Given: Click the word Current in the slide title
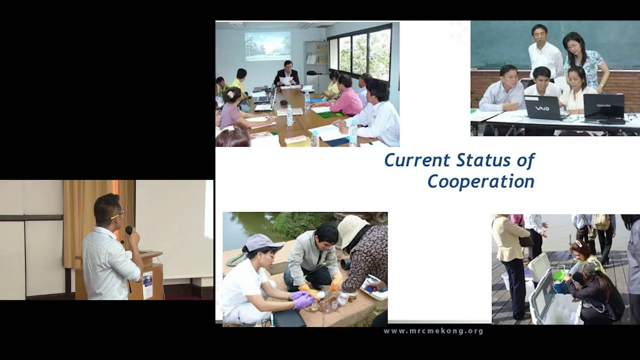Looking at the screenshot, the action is coord(417,160).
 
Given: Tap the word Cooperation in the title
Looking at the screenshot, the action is coord(481,181).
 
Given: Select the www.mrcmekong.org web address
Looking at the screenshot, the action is coord(433,331).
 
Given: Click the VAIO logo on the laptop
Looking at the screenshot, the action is coord(542,108).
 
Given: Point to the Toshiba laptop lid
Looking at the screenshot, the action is coord(603,106).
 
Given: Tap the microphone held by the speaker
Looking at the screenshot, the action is coord(129,230).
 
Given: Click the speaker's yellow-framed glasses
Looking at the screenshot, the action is coord(118,215).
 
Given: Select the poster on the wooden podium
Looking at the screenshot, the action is coord(147,284).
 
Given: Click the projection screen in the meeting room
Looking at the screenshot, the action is coord(267,46).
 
